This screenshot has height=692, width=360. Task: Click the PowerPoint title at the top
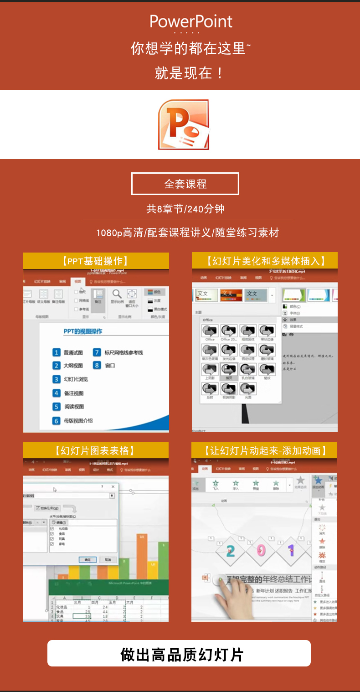191,21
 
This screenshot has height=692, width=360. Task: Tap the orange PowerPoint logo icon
184,124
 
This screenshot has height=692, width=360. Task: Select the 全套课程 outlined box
185,184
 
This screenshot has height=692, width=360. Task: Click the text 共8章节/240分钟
185,209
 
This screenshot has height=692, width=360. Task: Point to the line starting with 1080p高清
187,232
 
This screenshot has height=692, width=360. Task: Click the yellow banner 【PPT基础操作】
96,261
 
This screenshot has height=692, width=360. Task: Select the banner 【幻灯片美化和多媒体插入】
265,261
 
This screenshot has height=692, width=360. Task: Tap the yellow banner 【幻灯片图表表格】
96,450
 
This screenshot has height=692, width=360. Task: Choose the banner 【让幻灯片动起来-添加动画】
265,450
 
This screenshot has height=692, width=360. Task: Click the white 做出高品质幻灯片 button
179,654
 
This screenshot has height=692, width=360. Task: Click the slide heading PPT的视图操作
83,331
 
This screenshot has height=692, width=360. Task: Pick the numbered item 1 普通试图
68,352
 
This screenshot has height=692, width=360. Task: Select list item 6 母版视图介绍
73,421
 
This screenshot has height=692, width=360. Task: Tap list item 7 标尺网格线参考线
118,352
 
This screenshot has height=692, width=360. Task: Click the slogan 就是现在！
190,73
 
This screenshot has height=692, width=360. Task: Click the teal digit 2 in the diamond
231,551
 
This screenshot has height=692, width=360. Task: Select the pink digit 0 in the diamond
261,551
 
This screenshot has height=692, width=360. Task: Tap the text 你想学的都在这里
189,48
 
